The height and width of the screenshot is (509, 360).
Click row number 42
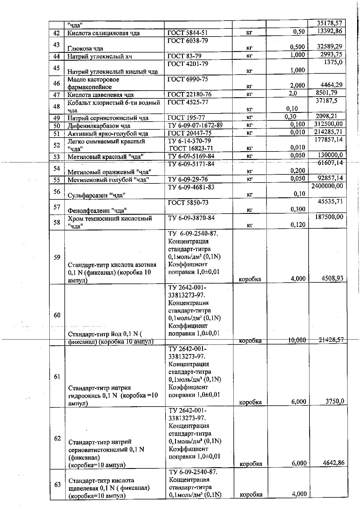57,33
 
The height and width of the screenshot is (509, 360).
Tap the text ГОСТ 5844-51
188,33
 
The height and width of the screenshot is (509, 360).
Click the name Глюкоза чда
85,48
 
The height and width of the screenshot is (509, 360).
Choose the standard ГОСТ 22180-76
190,94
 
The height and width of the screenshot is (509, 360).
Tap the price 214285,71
328,132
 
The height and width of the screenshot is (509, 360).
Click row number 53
57,157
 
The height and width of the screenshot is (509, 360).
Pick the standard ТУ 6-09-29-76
188,179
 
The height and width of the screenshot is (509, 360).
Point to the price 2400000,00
327,186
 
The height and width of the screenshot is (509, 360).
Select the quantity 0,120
298,224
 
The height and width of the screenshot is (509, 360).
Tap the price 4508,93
332,278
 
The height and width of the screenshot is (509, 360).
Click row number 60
57,315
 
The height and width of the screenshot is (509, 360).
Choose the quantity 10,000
297,340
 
